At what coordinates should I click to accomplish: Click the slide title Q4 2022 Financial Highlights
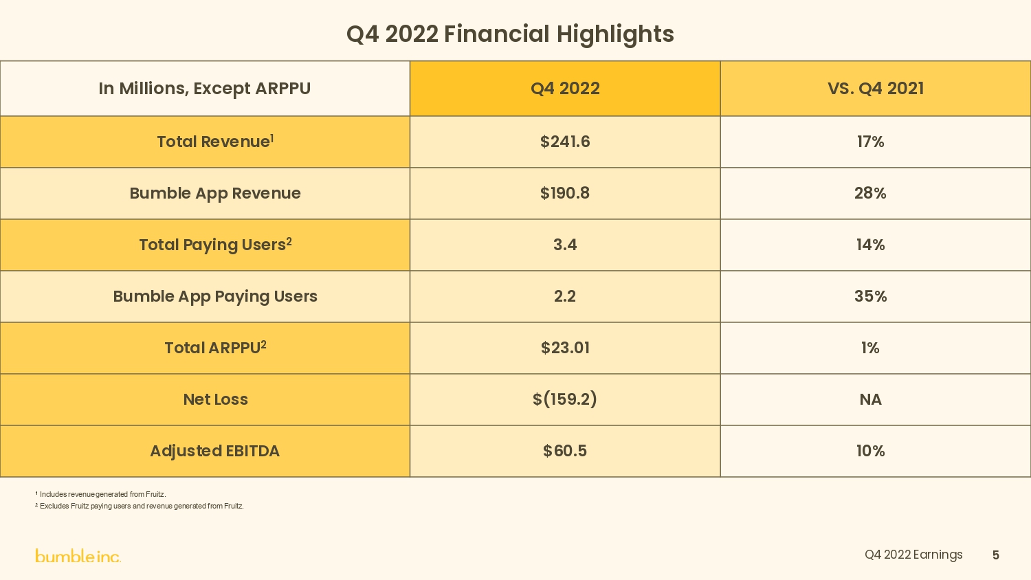[510, 34]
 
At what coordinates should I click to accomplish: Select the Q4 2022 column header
[565, 89]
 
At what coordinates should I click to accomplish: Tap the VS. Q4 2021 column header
[875, 89]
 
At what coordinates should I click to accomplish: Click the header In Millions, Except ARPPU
[204, 89]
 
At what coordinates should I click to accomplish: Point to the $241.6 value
[565, 142]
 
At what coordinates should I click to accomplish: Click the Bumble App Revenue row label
[215, 193]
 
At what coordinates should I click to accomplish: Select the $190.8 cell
[565, 193]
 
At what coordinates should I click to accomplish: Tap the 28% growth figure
[870, 193]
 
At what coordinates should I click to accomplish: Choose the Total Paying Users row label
[215, 245]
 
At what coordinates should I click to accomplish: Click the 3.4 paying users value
[565, 245]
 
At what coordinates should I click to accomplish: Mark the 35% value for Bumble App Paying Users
[870, 296]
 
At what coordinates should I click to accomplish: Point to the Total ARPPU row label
[215, 348]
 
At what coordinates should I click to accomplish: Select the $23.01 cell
[565, 348]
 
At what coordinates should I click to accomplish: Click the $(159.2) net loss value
[565, 399]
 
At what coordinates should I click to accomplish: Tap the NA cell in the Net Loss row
[870, 399]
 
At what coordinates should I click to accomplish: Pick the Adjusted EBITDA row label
[215, 451]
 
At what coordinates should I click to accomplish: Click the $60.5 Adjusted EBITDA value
[565, 451]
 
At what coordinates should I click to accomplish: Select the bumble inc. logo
[78, 556]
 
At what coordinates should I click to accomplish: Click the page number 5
[995, 555]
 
